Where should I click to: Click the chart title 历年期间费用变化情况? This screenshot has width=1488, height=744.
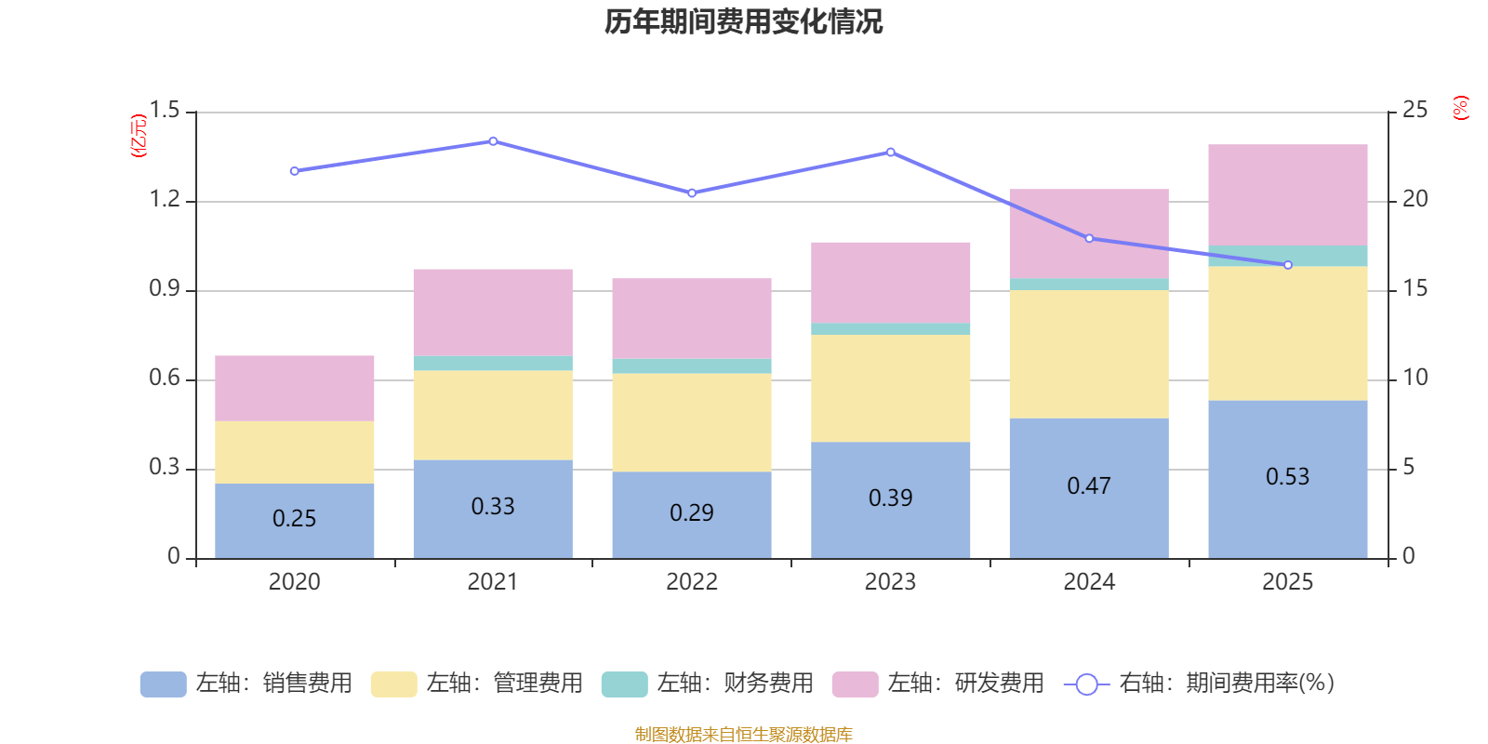(x=743, y=21)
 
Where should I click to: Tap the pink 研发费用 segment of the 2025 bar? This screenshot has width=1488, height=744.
(x=1287, y=194)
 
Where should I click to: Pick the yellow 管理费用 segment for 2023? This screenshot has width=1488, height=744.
(x=890, y=388)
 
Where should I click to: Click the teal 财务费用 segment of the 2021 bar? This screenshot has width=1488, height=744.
(x=492, y=364)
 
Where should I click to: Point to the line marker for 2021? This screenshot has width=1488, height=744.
(x=493, y=141)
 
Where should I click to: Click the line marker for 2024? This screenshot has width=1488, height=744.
(x=1089, y=238)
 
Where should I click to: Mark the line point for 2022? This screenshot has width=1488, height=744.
(x=692, y=193)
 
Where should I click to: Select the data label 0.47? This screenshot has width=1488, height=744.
(x=1088, y=486)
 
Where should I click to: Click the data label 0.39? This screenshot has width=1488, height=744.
(x=890, y=498)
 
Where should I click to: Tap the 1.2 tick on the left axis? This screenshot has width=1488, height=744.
(x=165, y=200)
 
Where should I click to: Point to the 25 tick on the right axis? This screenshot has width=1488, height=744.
(x=1415, y=111)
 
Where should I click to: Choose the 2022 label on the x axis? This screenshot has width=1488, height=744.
(x=691, y=582)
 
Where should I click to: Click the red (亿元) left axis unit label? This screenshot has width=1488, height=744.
(x=139, y=136)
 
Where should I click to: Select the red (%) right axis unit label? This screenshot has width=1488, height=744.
(x=1460, y=108)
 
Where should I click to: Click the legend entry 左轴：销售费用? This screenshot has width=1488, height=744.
(x=246, y=684)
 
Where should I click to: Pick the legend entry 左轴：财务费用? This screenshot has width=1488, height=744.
(x=708, y=684)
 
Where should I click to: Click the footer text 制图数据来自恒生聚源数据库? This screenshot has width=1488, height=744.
(x=743, y=735)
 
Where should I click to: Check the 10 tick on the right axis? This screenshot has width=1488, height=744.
(x=1415, y=379)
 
